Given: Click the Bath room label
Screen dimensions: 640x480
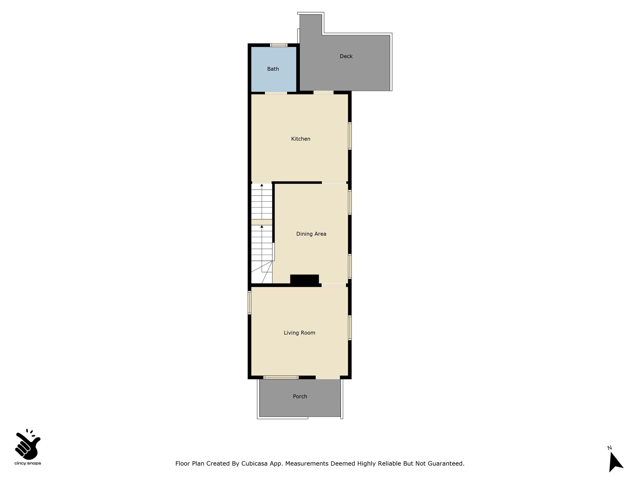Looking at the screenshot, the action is [273, 69].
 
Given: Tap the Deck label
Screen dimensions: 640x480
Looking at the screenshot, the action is [346, 56].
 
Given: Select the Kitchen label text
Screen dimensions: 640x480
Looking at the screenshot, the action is [301, 139].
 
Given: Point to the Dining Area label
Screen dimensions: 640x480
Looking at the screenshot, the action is [311, 234].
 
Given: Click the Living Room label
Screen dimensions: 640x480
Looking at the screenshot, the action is [299, 333].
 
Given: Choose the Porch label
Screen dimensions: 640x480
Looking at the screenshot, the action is [300, 396].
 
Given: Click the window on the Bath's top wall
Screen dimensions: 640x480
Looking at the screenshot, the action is [279, 45].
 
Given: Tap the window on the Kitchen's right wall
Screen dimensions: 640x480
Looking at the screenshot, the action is [350, 136].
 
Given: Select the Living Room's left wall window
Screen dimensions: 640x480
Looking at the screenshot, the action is [249, 302].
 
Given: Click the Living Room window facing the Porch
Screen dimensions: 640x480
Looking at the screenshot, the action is [281, 377].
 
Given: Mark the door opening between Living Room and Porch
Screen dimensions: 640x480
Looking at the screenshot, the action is [328, 377].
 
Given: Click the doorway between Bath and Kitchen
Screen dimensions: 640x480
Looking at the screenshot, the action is [276, 93].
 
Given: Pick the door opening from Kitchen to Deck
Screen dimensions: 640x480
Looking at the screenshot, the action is [323, 92].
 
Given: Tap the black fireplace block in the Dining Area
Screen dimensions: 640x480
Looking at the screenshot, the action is [304, 280].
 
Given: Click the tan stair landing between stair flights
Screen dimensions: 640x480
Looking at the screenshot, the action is [262, 222].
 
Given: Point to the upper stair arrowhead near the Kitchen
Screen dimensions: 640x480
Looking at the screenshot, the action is [262, 185].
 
